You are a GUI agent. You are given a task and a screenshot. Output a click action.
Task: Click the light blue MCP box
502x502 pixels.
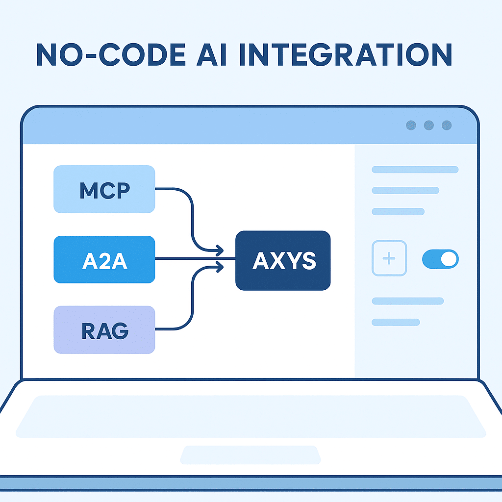tap(104, 189)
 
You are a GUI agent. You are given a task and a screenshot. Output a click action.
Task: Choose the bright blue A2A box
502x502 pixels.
tap(104, 259)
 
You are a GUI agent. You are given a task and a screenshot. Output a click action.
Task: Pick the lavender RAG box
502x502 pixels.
tap(104, 329)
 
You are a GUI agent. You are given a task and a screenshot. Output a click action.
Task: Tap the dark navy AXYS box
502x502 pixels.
tap(283, 260)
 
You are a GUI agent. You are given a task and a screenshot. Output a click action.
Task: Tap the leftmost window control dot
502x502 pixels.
tap(411, 125)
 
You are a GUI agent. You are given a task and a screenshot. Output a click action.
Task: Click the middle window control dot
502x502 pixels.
tap(429, 125)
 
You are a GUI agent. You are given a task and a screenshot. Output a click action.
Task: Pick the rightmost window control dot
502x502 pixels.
tap(447, 125)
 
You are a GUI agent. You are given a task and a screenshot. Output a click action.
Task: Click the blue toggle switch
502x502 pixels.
tap(440, 259)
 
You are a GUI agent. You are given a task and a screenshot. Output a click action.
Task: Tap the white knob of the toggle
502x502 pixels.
tap(449, 259)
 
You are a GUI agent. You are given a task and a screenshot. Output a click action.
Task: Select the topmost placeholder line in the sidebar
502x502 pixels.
tap(415, 170)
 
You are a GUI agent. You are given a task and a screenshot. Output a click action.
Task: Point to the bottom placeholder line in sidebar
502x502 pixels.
tap(396, 322)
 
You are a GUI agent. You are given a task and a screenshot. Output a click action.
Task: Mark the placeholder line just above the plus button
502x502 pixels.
tap(398, 212)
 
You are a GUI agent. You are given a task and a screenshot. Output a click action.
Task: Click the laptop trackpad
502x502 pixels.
tap(250, 454)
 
